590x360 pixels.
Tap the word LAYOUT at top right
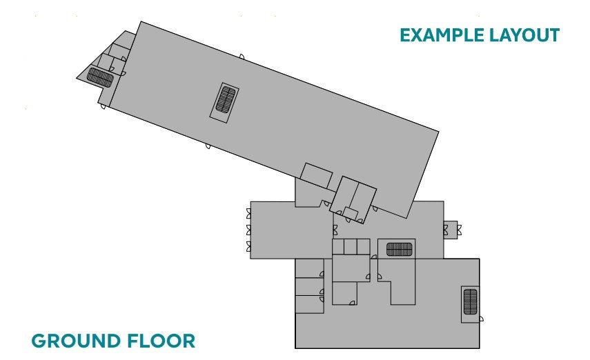(524, 35)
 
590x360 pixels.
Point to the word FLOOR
(161, 341)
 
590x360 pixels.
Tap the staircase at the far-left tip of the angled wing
(100, 77)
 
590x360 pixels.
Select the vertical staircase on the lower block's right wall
(470, 301)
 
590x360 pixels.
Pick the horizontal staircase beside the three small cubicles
(400, 249)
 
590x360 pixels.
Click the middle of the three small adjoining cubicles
(351, 247)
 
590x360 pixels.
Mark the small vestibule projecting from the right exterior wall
(451, 229)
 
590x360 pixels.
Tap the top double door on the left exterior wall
(248, 213)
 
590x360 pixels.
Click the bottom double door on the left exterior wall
(248, 246)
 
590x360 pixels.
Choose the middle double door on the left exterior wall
(248, 230)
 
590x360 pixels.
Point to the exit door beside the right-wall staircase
(481, 319)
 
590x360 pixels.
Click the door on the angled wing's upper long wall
(242, 57)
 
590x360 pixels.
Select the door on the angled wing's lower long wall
(208, 146)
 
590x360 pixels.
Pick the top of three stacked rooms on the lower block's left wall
(309, 268)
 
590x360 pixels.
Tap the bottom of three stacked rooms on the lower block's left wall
(309, 304)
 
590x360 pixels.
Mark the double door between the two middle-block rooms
(335, 230)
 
